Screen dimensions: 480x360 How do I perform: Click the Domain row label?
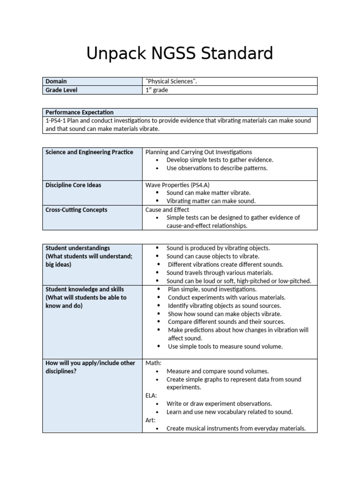[x=56, y=82]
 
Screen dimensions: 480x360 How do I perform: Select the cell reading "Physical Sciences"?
[x=171, y=82]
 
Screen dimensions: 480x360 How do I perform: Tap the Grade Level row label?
[x=61, y=90]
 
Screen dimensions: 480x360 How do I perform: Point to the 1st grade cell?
[x=157, y=90]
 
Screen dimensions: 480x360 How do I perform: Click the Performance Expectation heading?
[x=79, y=112]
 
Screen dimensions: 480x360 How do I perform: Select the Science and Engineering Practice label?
[x=89, y=152]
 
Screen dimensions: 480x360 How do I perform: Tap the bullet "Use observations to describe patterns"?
[x=217, y=168]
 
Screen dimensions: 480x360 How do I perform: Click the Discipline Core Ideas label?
[x=73, y=185]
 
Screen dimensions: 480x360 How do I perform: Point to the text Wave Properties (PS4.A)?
[x=174, y=185]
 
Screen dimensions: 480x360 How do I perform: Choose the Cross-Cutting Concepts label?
[x=76, y=210]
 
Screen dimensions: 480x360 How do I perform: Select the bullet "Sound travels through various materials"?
[x=219, y=273]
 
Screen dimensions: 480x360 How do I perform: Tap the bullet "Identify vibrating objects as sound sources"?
[x=224, y=306]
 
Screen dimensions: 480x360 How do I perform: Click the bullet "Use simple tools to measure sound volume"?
[x=225, y=346]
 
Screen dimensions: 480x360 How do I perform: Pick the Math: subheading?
[x=153, y=363]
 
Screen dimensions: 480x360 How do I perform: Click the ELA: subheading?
[x=151, y=396]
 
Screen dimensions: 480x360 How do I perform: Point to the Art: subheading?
[x=150, y=420]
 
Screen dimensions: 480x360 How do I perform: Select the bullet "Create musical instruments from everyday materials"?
[x=236, y=428]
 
